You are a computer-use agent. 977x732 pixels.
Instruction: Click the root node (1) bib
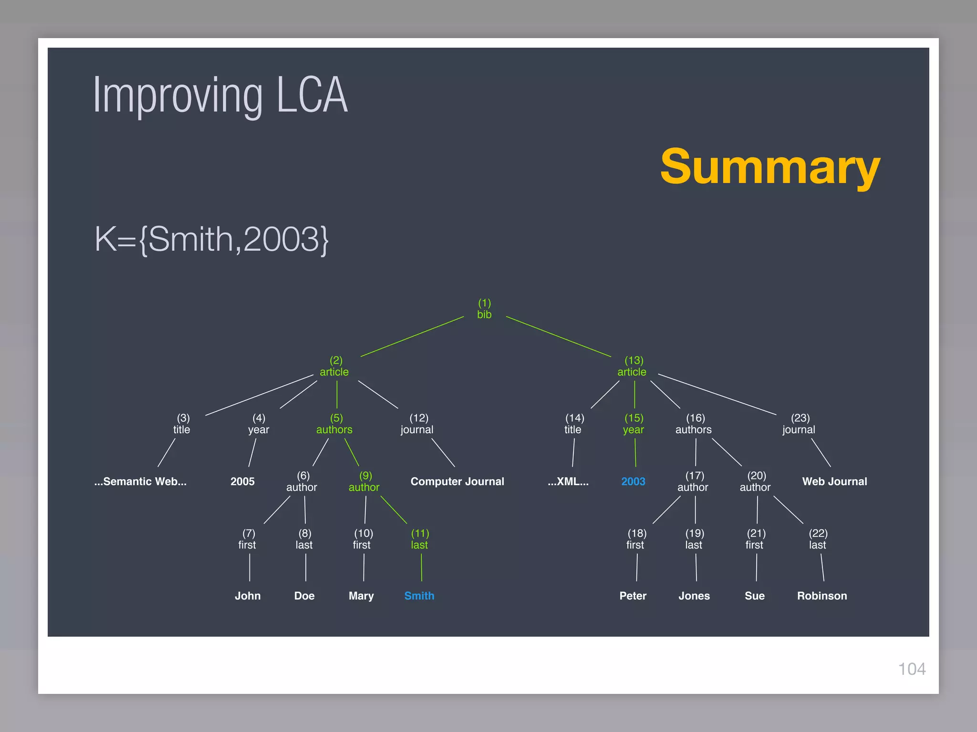[484, 309]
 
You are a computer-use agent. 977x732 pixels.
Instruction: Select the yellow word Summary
[769, 167]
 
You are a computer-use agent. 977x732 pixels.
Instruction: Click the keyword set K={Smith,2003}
[211, 239]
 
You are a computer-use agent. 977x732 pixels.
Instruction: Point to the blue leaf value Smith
[419, 596]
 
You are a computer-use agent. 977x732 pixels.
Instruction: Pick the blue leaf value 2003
[633, 481]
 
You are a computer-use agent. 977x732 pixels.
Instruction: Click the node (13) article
[632, 366]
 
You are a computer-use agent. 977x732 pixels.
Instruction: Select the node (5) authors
[334, 424]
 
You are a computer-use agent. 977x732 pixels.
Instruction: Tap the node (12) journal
[417, 424]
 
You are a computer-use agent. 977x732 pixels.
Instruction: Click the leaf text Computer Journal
[457, 481]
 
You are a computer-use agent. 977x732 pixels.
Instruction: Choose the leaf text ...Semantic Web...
[140, 481]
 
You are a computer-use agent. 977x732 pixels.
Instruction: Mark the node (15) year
[634, 424]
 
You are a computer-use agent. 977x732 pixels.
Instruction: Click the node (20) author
[755, 481]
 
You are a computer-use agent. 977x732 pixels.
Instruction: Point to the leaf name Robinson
[822, 596]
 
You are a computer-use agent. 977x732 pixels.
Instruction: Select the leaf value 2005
[242, 481]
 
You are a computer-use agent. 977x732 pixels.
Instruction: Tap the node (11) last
[420, 539]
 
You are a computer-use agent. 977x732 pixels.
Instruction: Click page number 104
[912, 669]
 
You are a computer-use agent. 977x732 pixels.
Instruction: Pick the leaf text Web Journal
[834, 481]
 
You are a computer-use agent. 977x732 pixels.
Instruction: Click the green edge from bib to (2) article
[412, 336]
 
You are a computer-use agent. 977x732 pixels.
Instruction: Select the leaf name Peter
[633, 596]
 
